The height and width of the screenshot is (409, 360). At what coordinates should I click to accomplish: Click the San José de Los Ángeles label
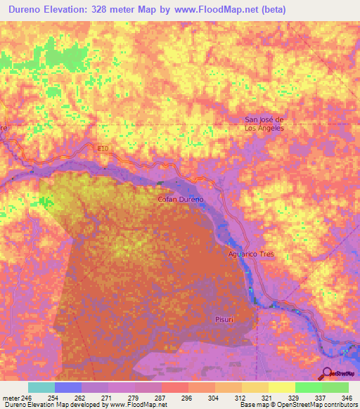point(264,124)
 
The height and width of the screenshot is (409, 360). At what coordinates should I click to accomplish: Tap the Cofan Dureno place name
point(179,200)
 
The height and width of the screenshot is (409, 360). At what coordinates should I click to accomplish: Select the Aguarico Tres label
point(250,254)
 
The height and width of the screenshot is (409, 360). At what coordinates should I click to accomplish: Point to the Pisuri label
point(224,319)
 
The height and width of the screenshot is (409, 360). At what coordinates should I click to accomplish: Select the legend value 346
point(347,397)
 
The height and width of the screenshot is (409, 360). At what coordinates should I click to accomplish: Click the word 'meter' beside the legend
point(10,397)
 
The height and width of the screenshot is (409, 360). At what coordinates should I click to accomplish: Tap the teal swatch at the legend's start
point(41,387)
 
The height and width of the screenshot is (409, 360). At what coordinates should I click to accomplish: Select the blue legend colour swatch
point(67,387)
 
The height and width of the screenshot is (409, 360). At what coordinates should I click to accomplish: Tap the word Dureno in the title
point(29,10)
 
